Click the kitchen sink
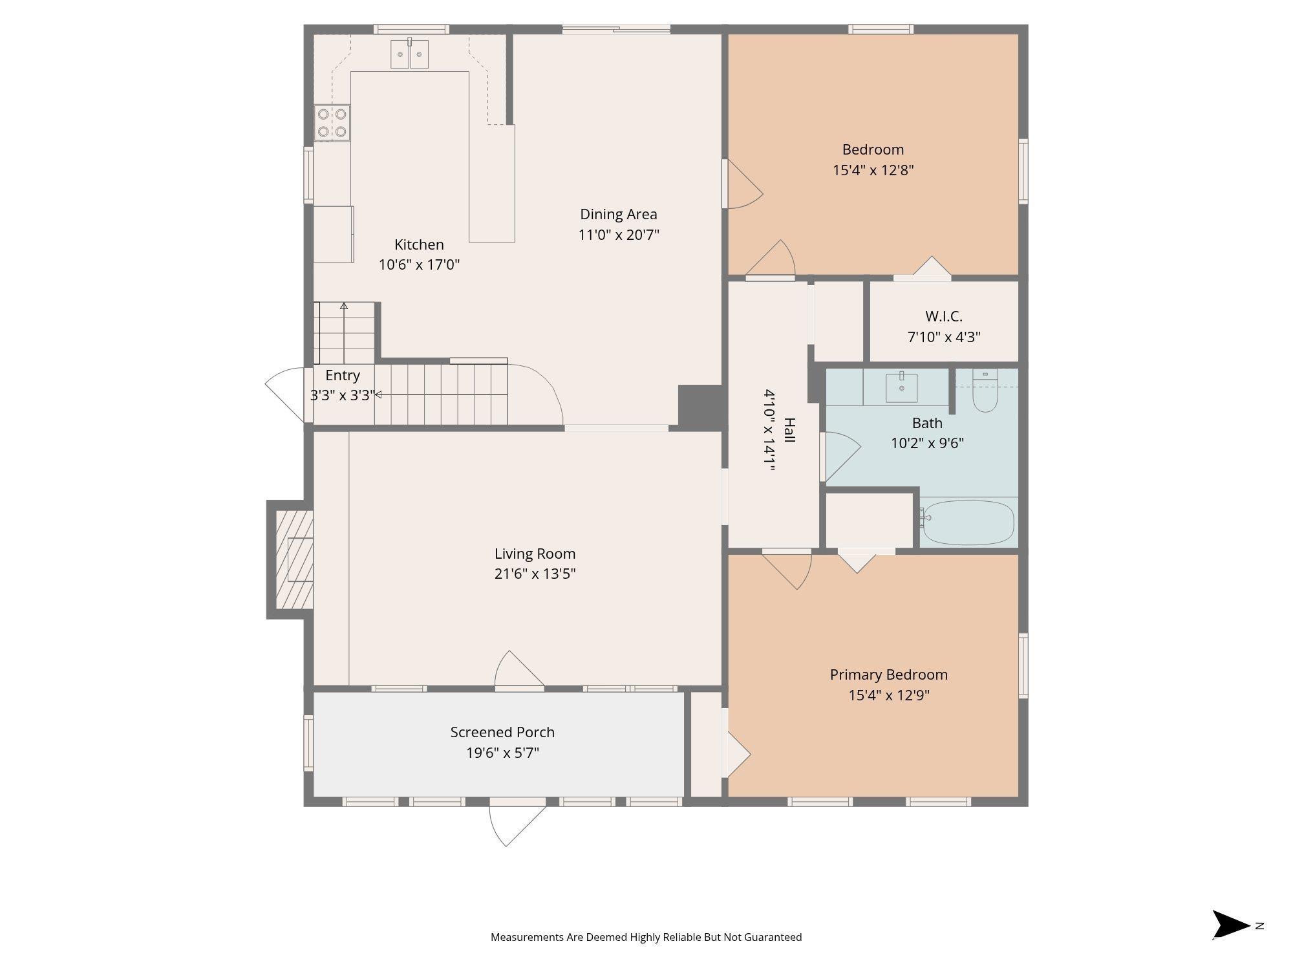click(x=409, y=53)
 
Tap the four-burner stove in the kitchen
click(x=332, y=123)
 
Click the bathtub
click(x=968, y=523)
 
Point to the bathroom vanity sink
click(x=901, y=387)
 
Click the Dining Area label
click(x=619, y=214)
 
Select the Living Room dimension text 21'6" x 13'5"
click(x=535, y=574)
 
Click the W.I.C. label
click(x=944, y=316)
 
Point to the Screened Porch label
click(x=502, y=732)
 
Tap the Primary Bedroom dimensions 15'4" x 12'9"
click(x=889, y=695)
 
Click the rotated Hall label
click(x=789, y=430)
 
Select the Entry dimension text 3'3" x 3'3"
click(x=342, y=395)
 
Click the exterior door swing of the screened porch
click(x=517, y=822)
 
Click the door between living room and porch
click(x=519, y=669)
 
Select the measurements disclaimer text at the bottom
click(x=646, y=937)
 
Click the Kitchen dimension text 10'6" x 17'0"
click(x=419, y=264)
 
